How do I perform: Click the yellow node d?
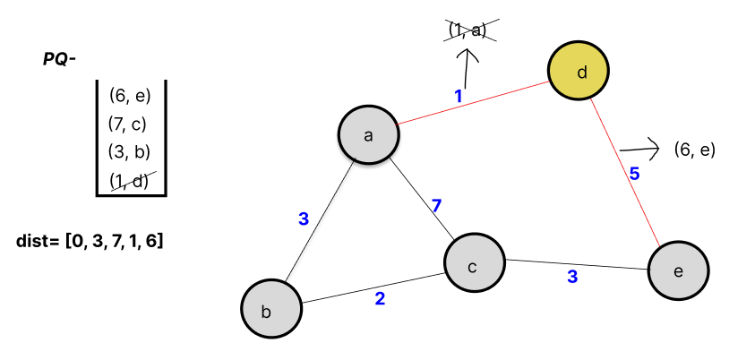579,72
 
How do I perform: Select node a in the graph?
368,136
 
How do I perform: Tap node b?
269,310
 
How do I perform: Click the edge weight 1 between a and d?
458,96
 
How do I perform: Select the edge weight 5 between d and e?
634,174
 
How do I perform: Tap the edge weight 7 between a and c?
436,206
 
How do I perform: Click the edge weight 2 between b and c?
380,298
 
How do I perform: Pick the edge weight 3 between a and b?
304,219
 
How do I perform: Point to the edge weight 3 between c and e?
572,277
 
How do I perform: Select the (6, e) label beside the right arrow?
695,150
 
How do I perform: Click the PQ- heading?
59,59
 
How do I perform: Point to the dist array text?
89,241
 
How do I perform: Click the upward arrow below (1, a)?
467,68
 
